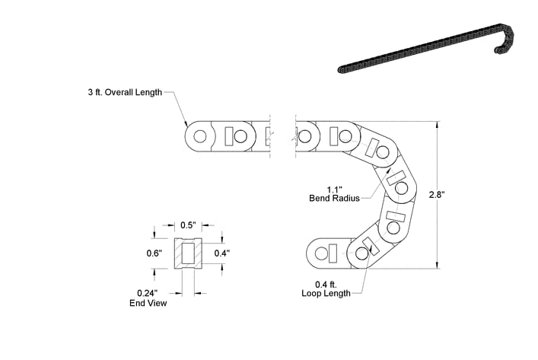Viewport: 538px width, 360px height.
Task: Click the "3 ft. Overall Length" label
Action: point(125,92)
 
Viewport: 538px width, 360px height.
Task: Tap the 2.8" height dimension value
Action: point(437,195)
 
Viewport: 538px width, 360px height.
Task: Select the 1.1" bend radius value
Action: point(335,190)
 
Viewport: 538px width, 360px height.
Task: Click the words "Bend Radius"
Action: point(335,198)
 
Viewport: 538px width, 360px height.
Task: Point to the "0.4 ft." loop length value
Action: point(326,284)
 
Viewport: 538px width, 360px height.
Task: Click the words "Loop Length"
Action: point(326,293)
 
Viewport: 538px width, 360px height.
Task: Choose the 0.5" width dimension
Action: point(188,225)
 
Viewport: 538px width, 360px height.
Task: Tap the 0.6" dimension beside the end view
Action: point(154,253)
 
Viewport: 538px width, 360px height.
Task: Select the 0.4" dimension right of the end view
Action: point(222,253)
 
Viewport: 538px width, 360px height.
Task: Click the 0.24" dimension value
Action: point(148,293)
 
